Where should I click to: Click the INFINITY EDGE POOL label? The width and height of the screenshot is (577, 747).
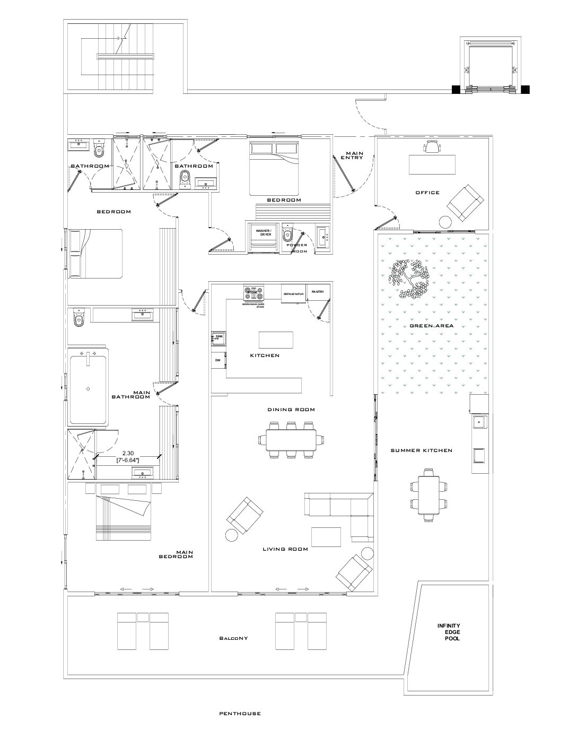(x=449, y=632)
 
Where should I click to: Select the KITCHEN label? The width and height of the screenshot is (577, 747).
(x=265, y=355)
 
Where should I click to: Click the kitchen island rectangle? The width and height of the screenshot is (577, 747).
(x=276, y=339)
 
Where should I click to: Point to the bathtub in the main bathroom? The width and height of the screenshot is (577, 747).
(x=88, y=389)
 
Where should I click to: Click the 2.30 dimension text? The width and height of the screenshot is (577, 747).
(x=127, y=453)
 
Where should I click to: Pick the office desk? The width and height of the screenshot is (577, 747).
(x=432, y=164)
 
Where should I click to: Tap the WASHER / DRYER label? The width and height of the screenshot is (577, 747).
(x=264, y=232)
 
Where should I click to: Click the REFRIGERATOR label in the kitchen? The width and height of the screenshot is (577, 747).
(x=293, y=293)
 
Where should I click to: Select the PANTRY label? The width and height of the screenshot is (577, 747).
(x=318, y=292)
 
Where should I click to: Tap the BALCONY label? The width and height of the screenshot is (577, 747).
(x=233, y=638)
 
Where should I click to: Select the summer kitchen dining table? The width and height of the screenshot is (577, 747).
(x=429, y=494)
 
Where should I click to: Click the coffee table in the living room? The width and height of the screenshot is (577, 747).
(x=326, y=536)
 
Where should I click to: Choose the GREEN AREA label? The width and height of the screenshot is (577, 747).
(x=431, y=326)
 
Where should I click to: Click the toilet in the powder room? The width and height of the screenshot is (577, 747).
(x=287, y=231)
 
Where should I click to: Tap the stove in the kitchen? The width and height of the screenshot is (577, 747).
(x=253, y=292)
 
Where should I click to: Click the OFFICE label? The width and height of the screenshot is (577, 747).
(x=427, y=193)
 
